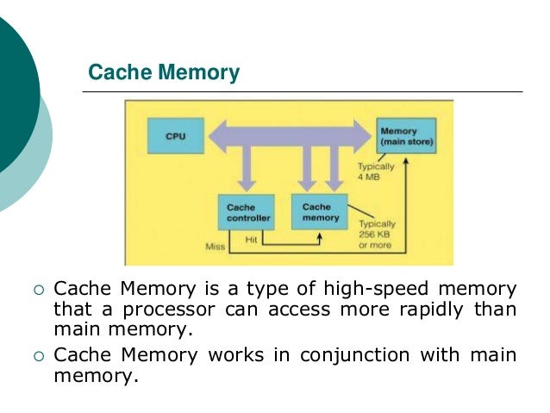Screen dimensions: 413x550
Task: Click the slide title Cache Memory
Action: [165, 73]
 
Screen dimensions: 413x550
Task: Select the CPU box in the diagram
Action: [168, 136]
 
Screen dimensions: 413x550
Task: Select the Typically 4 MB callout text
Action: [376, 172]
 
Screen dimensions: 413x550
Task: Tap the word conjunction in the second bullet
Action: [289, 355]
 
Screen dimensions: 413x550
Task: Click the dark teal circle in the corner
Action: [13, 95]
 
